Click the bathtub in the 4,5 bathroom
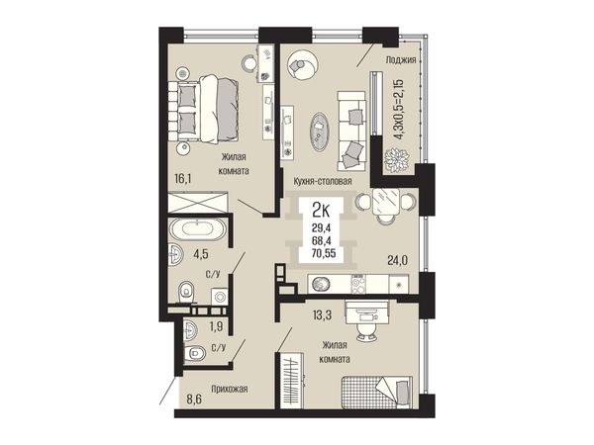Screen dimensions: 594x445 (197, 229)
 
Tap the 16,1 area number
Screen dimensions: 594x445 (182, 177)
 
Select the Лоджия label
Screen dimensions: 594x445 (401, 59)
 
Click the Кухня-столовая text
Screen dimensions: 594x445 (323, 181)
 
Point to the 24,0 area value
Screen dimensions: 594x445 (397, 260)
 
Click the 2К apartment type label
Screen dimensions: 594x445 (321, 210)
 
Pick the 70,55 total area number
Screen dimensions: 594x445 (324, 253)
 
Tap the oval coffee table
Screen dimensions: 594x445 (320, 132)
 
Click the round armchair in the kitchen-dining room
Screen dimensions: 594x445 (302, 65)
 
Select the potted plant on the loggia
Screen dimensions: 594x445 (397, 160)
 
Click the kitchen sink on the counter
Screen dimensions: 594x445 (321, 284)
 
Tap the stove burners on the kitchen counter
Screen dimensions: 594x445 (358, 284)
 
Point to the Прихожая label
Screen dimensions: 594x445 (230, 389)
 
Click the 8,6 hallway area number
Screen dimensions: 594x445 (193, 400)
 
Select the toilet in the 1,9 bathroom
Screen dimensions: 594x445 (194, 353)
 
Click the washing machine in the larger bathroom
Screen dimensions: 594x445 (220, 297)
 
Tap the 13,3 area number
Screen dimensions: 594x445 (323, 314)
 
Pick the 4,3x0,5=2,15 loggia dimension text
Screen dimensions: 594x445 (399, 110)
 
